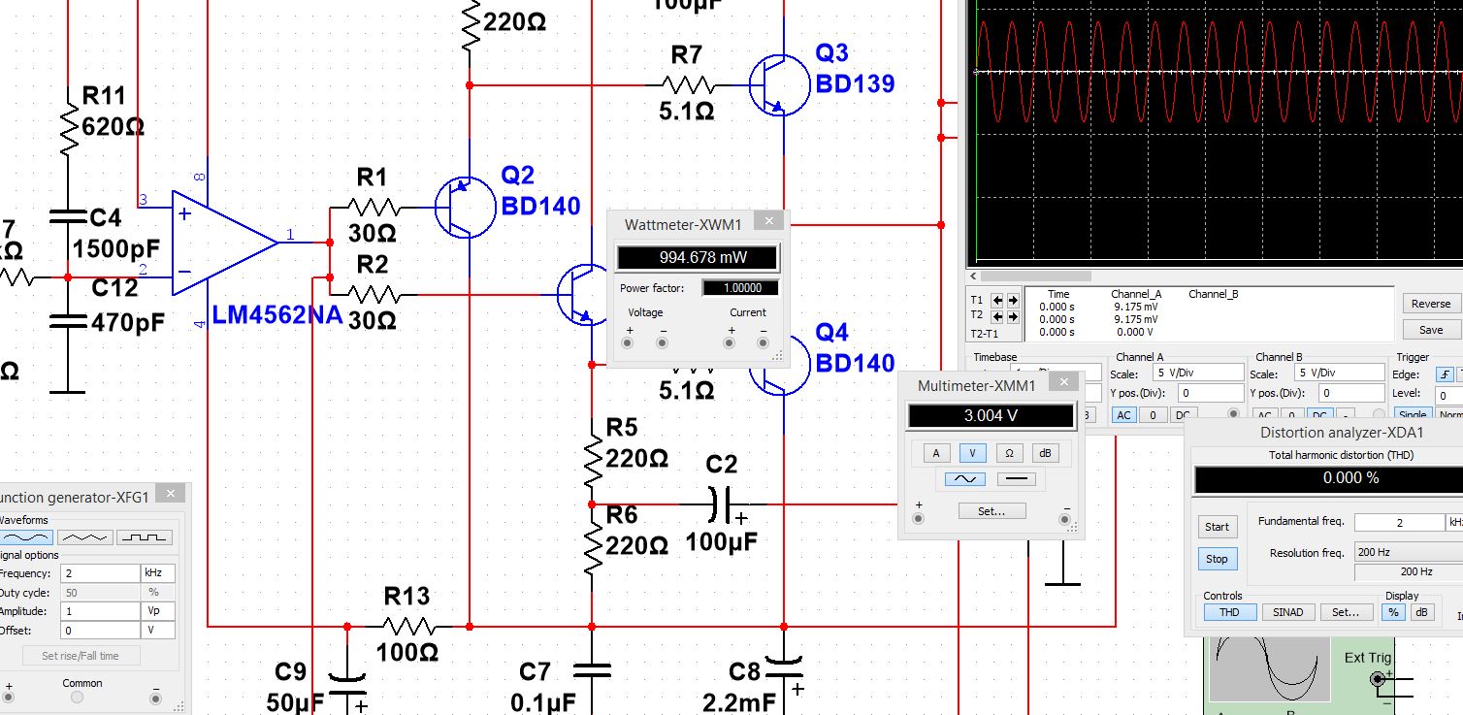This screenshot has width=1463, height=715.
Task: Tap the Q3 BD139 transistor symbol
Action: point(778,85)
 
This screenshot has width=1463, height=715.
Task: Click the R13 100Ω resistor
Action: point(407,626)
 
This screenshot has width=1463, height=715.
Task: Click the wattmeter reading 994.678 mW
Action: point(697,258)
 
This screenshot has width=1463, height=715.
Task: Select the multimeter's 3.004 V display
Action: point(991,416)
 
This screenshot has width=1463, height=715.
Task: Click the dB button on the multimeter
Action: point(1046,453)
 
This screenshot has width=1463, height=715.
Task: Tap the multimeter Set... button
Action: point(991,511)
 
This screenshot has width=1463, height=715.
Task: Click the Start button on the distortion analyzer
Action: point(1217,527)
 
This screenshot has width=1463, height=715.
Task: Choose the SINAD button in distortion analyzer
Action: point(1287,612)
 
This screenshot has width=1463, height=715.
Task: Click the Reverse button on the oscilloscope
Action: point(1430,304)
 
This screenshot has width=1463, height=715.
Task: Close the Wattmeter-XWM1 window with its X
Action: point(768,222)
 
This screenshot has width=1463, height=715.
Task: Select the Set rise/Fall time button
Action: point(81,656)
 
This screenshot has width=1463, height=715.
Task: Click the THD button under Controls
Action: point(1229,612)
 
